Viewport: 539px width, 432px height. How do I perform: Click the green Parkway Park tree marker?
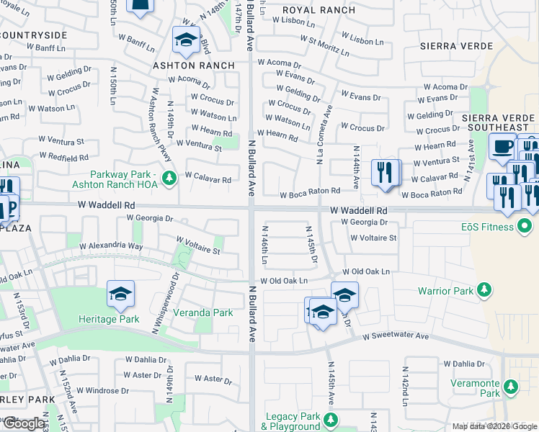[x=169, y=177]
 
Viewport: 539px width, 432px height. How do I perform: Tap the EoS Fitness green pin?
[x=525, y=228]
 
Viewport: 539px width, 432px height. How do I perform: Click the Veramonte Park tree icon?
[x=511, y=387]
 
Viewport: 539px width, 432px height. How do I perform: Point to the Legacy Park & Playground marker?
[x=331, y=420]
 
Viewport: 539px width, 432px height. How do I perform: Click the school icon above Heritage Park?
[x=120, y=293]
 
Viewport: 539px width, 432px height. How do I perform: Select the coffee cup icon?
[x=502, y=146]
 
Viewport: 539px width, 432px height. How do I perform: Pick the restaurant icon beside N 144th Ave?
[x=386, y=173]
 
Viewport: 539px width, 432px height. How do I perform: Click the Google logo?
[x=23, y=423]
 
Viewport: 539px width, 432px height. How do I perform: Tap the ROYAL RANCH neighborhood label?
[x=318, y=10]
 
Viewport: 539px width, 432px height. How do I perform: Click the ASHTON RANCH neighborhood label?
[x=194, y=66]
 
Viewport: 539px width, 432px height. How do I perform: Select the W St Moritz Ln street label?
[x=324, y=46]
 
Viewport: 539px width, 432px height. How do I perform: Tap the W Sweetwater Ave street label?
[x=395, y=336]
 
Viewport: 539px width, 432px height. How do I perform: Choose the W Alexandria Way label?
[x=112, y=246]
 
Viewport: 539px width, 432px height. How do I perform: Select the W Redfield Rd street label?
[x=63, y=156]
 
